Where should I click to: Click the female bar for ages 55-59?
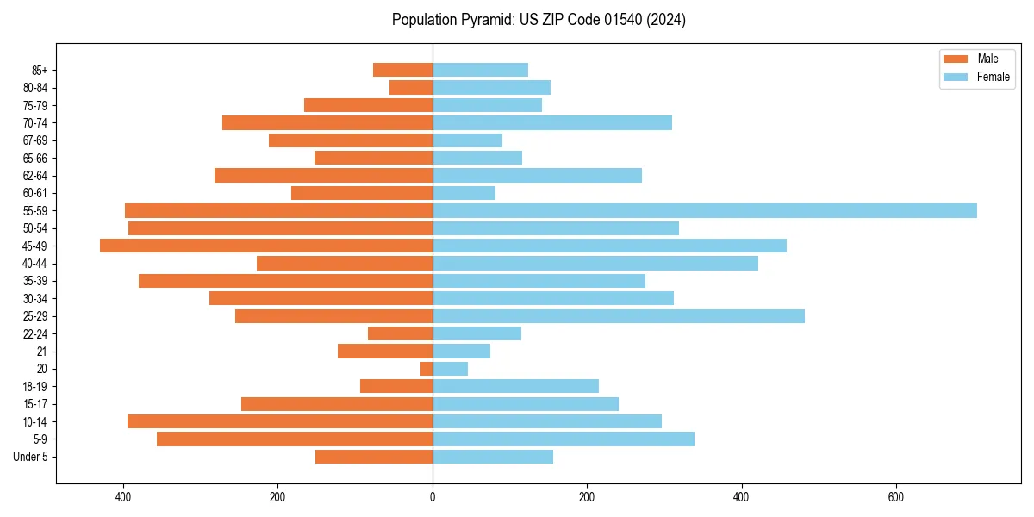[705, 210]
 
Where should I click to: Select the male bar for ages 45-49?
[266, 246]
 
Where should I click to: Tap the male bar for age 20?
[427, 369]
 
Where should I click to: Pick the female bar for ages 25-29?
[619, 316]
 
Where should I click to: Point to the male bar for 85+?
[402, 70]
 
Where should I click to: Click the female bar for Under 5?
[493, 457]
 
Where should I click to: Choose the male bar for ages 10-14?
[280, 421]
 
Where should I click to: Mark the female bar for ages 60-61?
[464, 193]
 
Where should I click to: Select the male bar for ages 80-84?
[411, 87]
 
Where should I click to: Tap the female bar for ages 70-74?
[552, 122]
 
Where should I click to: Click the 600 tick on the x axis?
[895, 497]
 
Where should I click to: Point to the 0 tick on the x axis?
[433, 497]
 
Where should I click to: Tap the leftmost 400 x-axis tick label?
[123, 497]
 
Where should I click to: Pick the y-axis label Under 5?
[30, 457]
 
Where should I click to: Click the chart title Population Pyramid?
[539, 20]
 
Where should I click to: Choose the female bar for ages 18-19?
[515, 386]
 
